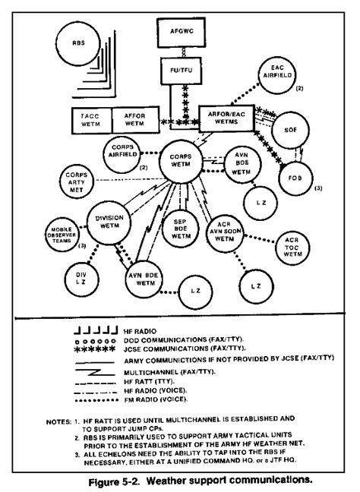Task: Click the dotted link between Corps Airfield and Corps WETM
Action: tap(150, 153)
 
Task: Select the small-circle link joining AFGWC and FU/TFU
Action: tap(184, 52)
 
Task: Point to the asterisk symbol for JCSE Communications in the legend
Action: tap(94, 349)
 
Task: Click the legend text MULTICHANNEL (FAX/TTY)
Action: tap(169, 373)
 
